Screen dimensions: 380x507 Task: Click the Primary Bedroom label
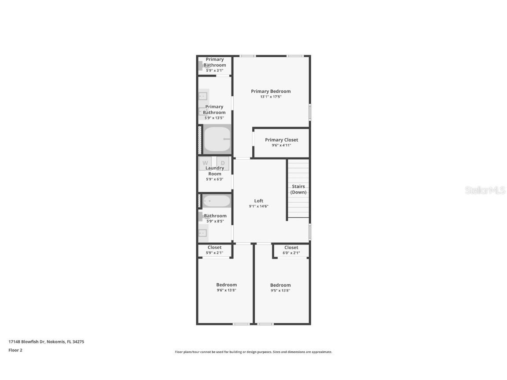[271, 91]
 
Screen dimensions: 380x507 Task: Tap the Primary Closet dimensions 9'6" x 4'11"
[281, 146]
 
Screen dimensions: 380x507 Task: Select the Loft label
[258, 201]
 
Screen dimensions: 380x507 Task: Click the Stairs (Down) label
[298, 189]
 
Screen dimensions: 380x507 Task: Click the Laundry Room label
[215, 171]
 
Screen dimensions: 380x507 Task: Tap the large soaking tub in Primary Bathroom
[217, 139]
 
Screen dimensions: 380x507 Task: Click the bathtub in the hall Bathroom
[216, 201]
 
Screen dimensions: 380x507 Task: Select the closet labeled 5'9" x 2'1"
[214, 253]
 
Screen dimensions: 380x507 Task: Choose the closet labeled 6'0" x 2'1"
[291, 253]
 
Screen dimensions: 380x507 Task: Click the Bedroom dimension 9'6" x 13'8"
[226, 290]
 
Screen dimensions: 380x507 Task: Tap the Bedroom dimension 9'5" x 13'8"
[280, 290]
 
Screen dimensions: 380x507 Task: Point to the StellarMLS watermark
[485, 190]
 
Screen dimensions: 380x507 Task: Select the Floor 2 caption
[15, 351]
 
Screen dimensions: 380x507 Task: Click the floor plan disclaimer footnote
[253, 352]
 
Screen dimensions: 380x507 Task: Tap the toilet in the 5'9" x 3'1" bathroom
[201, 66]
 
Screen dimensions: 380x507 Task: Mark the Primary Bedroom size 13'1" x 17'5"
[271, 97]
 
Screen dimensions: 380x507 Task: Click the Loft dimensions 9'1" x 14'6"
[258, 206]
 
